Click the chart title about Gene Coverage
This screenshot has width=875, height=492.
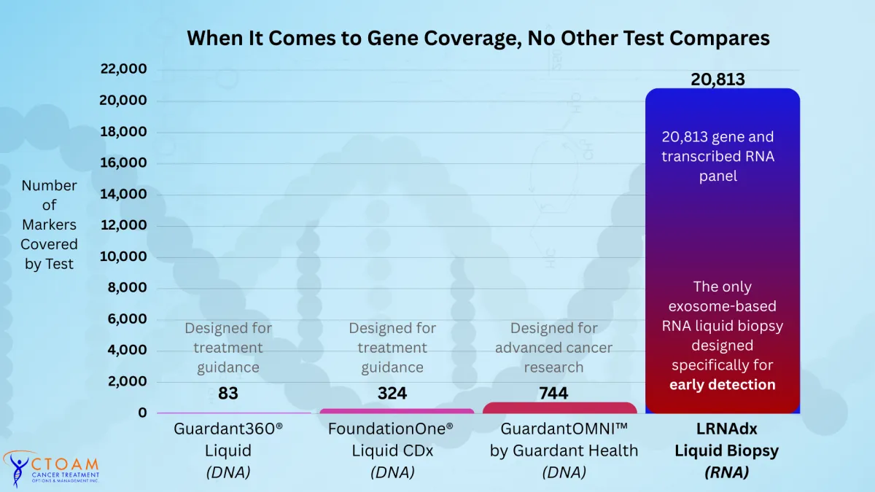(478, 38)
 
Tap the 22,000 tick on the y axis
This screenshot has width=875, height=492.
(123, 69)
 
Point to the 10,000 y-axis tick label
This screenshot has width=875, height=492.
(123, 257)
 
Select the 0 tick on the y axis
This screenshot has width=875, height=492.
(142, 413)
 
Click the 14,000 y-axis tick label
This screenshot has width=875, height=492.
(123, 194)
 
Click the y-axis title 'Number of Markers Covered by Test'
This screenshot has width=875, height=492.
(49, 224)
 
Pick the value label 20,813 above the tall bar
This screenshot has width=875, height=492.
(717, 79)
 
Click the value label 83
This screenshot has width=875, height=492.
(227, 394)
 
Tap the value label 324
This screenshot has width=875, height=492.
(392, 394)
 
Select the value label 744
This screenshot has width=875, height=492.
(553, 394)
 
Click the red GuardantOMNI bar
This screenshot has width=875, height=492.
(560, 407)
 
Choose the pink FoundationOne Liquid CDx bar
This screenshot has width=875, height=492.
(397, 411)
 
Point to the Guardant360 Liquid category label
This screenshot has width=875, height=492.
(228, 450)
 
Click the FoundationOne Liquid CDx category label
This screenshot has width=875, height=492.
(392, 450)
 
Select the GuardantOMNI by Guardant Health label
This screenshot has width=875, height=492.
(564, 450)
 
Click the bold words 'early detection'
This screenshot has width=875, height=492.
(722, 384)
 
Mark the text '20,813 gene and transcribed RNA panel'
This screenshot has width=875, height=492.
(717, 156)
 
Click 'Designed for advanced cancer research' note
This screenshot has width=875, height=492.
(553, 348)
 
